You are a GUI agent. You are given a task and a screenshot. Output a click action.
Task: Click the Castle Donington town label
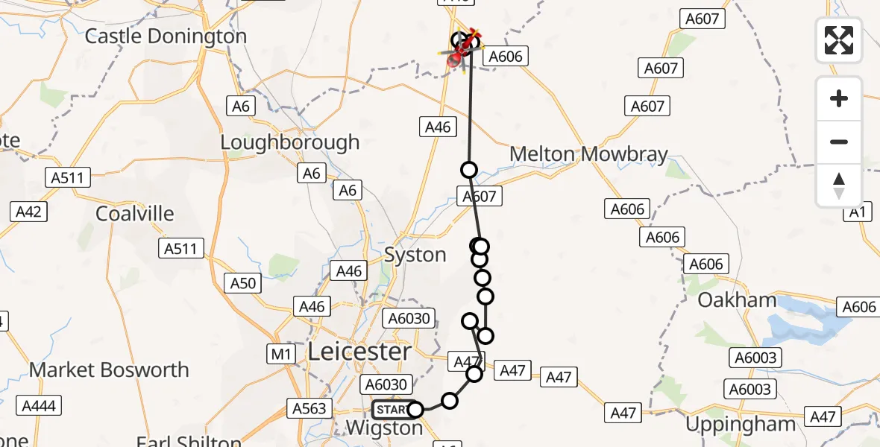(x=166, y=36)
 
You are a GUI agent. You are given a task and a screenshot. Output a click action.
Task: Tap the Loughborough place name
(x=289, y=142)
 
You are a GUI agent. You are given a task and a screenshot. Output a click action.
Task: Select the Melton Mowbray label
(x=588, y=154)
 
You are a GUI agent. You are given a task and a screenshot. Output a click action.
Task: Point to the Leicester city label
(x=359, y=352)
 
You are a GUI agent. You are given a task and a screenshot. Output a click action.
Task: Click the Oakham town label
(x=737, y=300)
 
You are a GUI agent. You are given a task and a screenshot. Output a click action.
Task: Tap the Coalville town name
(x=135, y=214)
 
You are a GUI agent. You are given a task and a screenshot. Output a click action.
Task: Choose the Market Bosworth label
(x=109, y=370)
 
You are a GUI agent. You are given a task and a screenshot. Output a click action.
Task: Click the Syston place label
(x=415, y=255)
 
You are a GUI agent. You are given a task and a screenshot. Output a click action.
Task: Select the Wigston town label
(x=386, y=428)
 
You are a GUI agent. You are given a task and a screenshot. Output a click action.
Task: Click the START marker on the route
(x=391, y=410)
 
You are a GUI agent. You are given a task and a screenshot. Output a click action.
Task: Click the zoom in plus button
(x=839, y=98)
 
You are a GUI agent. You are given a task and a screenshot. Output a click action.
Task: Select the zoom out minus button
(x=839, y=142)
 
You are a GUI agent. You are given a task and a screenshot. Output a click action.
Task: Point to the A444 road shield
(x=41, y=406)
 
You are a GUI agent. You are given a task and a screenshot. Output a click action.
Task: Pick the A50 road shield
(x=243, y=283)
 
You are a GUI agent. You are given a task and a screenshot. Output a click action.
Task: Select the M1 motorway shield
(x=281, y=355)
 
